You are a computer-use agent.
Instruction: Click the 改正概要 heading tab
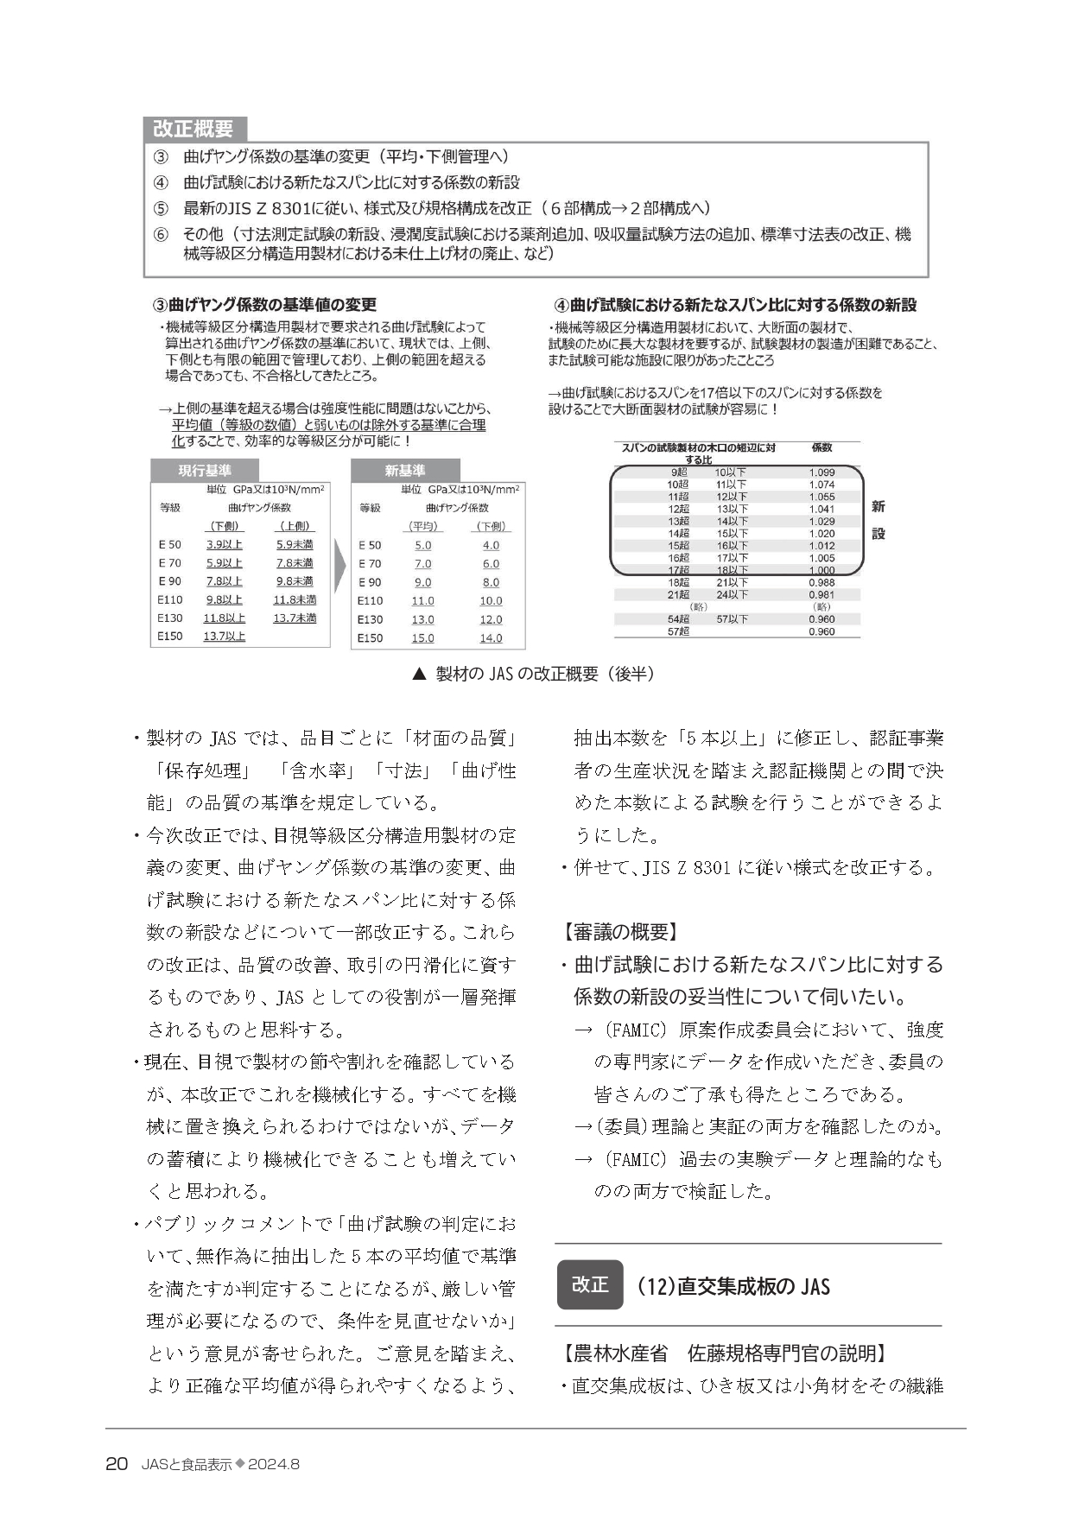click(193, 129)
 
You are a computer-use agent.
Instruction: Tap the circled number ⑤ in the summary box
click(161, 208)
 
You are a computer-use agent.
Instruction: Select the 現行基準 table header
click(205, 471)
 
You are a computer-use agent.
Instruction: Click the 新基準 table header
click(404, 471)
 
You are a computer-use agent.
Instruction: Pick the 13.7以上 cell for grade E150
click(225, 637)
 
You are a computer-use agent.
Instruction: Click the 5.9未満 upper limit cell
click(295, 545)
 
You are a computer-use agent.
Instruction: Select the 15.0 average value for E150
click(422, 638)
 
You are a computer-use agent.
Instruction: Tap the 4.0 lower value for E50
click(491, 546)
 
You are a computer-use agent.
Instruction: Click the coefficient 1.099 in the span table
click(821, 472)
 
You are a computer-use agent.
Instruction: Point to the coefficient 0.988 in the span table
click(821, 583)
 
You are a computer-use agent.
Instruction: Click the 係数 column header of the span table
click(821, 448)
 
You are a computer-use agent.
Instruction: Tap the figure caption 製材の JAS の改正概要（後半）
click(533, 675)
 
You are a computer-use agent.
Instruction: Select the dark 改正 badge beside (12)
click(590, 1284)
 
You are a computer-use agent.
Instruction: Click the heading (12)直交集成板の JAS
click(733, 1287)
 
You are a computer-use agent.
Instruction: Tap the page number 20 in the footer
click(116, 1464)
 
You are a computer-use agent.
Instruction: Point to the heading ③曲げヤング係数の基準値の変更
click(264, 305)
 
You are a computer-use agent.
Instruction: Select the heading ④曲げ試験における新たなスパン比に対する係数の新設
click(735, 305)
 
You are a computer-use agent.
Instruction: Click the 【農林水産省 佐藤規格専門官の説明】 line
click(726, 1353)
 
